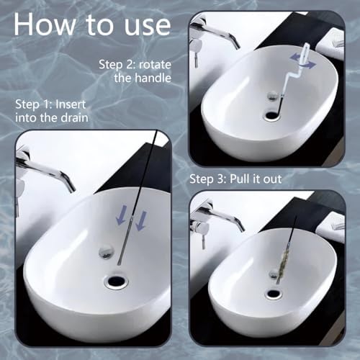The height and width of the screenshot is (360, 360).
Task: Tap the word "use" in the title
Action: [148, 27]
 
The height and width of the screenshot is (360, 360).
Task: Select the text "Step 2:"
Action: [117, 65]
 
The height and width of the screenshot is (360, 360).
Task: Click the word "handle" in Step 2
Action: [153, 78]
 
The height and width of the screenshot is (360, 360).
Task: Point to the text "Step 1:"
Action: [34, 104]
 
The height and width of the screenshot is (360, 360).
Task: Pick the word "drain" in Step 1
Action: [74, 118]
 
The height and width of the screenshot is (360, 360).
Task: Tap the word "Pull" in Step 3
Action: [240, 179]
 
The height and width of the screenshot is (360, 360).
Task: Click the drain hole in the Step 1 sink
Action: [116, 282]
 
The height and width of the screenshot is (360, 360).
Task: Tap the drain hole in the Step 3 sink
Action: [274, 293]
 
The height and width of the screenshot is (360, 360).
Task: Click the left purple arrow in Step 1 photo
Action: [120, 217]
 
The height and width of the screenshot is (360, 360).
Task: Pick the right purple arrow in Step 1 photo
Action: [141, 220]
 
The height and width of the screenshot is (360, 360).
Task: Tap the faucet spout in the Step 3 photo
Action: [223, 216]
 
